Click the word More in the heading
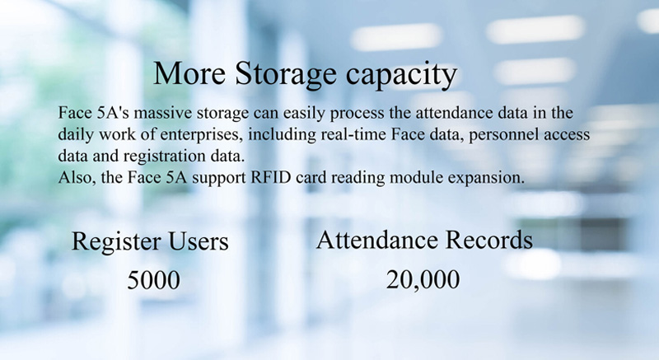[x=189, y=73]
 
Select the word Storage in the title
[x=286, y=74]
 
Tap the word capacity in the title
[x=402, y=76]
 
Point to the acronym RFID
[x=271, y=177]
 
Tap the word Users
[x=199, y=241]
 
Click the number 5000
[x=153, y=280]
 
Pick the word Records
[x=488, y=240]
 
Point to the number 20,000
[x=423, y=280]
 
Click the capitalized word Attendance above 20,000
[x=377, y=240]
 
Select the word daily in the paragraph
[x=76, y=135]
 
